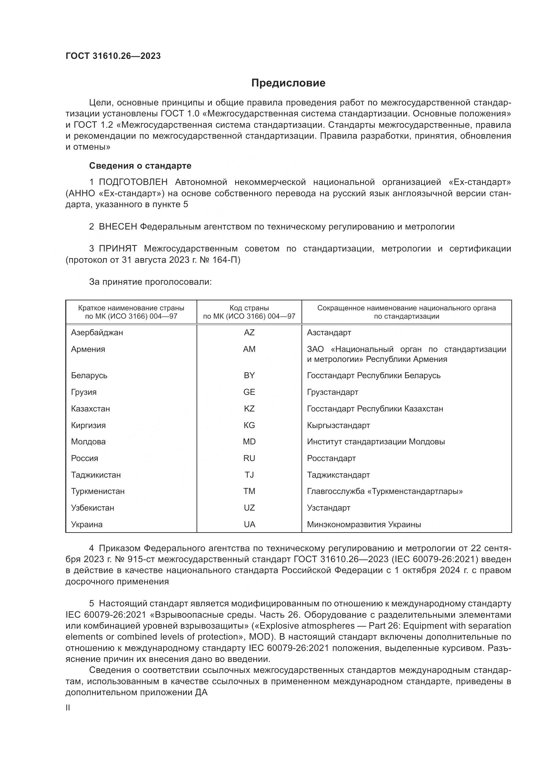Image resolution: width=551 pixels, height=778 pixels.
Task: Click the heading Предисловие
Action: pyautogui.click(x=288, y=83)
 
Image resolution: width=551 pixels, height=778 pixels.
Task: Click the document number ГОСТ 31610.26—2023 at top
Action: pyautogui.click(x=113, y=56)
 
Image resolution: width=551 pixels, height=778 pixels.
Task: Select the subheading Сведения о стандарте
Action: pyautogui.click(x=140, y=166)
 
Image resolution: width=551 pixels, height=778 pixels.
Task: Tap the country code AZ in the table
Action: pyautogui.click(x=249, y=332)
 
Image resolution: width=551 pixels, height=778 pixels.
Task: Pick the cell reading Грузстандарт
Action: pyautogui.click(x=332, y=392)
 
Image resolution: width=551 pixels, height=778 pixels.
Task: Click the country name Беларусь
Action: pyautogui.click(x=89, y=376)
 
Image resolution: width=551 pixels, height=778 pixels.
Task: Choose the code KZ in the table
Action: pyautogui.click(x=249, y=409)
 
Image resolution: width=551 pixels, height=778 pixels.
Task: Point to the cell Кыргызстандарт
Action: pyautogui.click(x=338, y=425)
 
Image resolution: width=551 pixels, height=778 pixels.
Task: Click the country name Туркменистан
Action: pyautogui.click(x=98, y=491)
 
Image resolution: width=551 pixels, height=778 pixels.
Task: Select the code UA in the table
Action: pyautogui.click(x=249, y=525)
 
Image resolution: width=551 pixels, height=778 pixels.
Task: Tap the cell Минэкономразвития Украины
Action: pyautogui.click(x=364, y=525)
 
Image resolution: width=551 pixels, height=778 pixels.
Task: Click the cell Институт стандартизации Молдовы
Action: pyautogui.click(x=375, y=442)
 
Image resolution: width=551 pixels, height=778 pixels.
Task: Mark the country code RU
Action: pyautogui.click(x=249, y=458)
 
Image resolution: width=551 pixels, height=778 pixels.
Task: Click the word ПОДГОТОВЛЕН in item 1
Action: pyautogui.click(x=133, y=182)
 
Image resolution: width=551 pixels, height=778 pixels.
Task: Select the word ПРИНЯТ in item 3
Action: pyautogui.click(x=118, y=249)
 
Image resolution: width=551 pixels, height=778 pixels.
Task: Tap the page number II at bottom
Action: pyautogui.click(x=68, y=707)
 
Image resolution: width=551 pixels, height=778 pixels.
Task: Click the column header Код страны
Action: pyautogui.click(x=249, y=308)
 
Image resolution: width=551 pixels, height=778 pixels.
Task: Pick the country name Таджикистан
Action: pyautogui.click(x=96, y=475)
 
